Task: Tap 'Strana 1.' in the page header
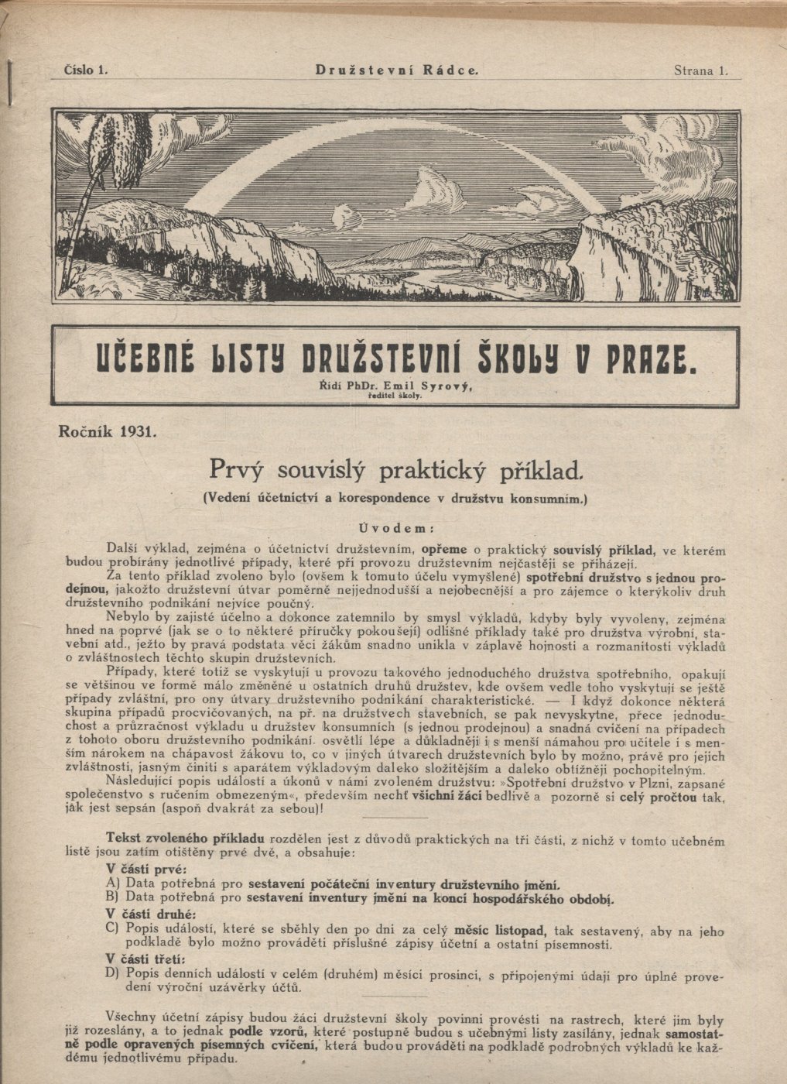click(701, 70)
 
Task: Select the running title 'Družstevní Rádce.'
click(396, 70)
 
